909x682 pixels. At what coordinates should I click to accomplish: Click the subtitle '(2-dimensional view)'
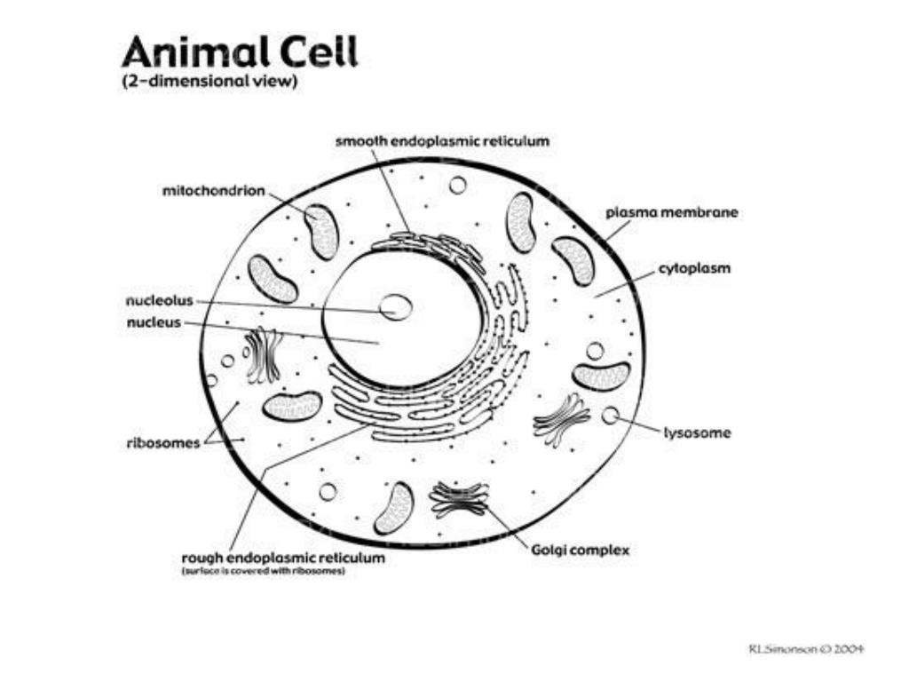pos(209,82)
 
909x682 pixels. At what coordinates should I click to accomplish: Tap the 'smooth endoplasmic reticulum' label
pos(442,141)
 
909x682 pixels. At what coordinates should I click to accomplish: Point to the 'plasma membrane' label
pos(672,213)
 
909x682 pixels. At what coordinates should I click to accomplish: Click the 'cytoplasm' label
pos(694,268)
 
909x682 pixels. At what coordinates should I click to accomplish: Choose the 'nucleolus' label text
pos(159,302)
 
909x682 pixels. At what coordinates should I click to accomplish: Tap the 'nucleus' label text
pos(153,323)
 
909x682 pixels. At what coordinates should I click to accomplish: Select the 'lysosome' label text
pos(698,433)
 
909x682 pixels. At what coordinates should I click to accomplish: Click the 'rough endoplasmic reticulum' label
pos(283,559)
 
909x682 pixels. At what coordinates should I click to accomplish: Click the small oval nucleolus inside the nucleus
pos(395,308)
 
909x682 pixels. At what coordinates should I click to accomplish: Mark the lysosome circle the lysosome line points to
pos(611,415)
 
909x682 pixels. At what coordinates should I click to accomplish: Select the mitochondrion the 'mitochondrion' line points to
pos(321,231)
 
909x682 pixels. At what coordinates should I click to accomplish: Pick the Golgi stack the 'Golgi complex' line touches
pos(459,499)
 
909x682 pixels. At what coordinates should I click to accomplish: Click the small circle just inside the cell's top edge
pos(457,186)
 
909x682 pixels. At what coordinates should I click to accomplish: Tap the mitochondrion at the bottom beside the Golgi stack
pos(393,508)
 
